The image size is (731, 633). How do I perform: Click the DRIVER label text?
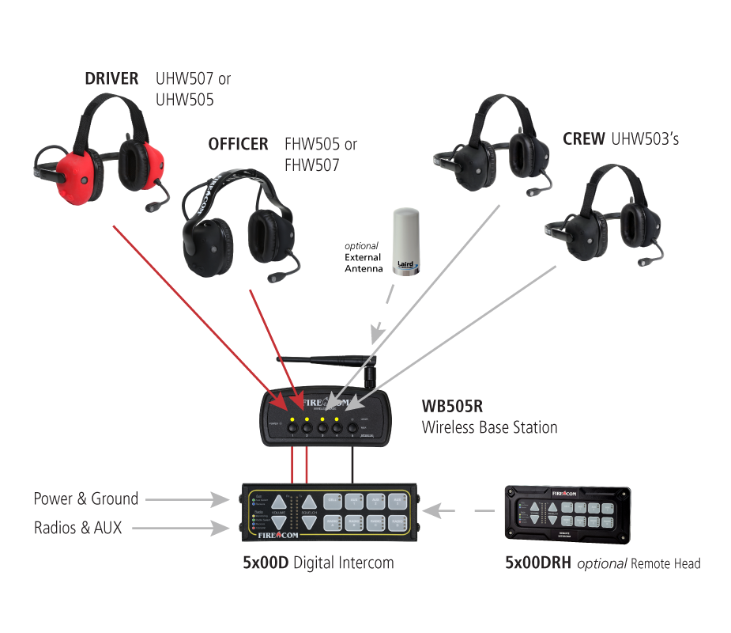click(x=111, y=78)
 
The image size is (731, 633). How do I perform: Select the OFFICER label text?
click(x=238, y=144)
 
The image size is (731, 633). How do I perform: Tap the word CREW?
click(x=584, y=138)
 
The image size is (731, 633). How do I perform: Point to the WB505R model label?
click(x=451, y=407)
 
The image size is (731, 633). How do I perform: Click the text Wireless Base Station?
click(x=489, y=427)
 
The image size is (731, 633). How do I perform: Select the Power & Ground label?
click(x=85, y=498)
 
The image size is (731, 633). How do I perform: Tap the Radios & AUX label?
click(x=77, y=528)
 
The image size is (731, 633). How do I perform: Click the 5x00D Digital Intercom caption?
click(x=318, y=563)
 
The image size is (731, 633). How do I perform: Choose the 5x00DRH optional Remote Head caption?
click(x=602, y=563)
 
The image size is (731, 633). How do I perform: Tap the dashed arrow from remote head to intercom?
click(x=463, y=511)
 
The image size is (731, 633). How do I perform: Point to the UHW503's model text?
click(x=645, y=138)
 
